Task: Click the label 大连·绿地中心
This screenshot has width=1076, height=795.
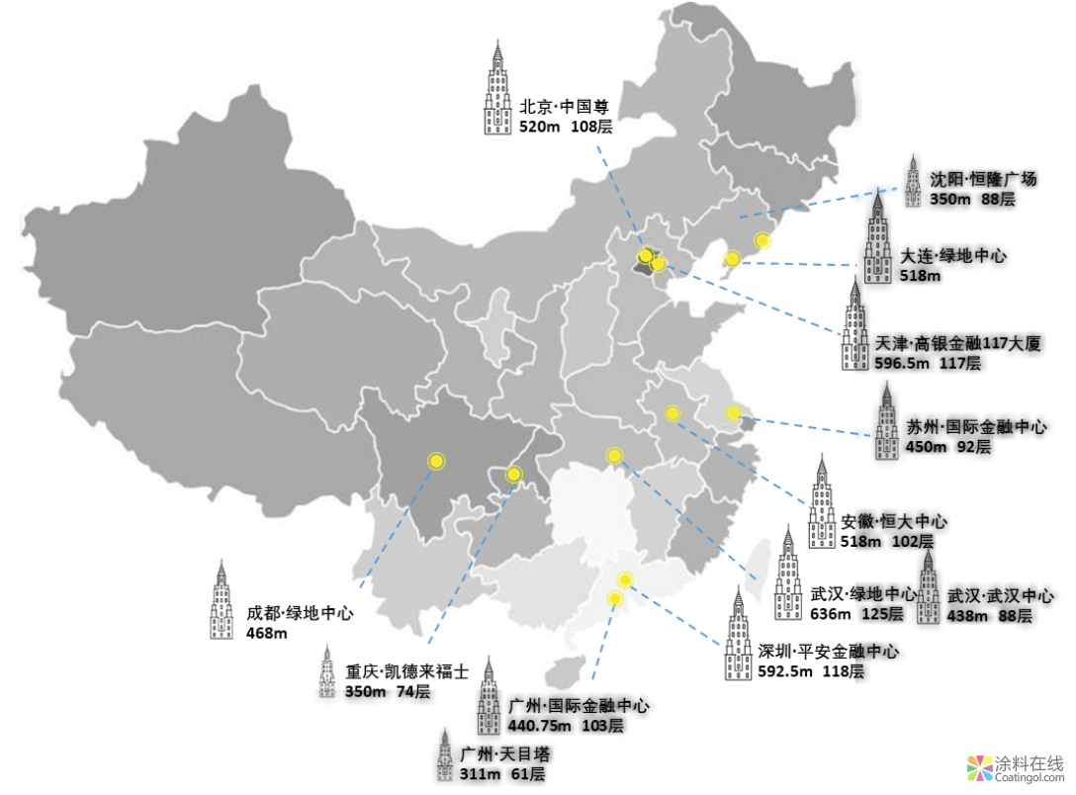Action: coord(953,255)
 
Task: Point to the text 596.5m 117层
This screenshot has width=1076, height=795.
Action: coord(928,364)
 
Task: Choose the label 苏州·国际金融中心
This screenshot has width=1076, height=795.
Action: coord(975,427)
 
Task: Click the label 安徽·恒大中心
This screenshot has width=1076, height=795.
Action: coord(894,521)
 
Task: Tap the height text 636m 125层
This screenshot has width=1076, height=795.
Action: coord(856,614)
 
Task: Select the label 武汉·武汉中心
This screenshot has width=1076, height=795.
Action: coord(1000,596)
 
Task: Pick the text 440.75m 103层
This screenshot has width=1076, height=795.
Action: coord(565,726)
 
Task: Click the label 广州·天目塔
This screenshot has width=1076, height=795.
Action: coord(504,754)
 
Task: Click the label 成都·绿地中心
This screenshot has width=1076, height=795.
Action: coord(300,613)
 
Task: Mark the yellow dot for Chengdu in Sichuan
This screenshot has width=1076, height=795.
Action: coord(435,461)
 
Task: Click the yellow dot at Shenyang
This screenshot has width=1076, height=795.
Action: coord(762,240)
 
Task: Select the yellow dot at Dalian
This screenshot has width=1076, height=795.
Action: coord(732,260)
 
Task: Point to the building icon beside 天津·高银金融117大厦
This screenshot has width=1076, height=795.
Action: coord(854,325)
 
